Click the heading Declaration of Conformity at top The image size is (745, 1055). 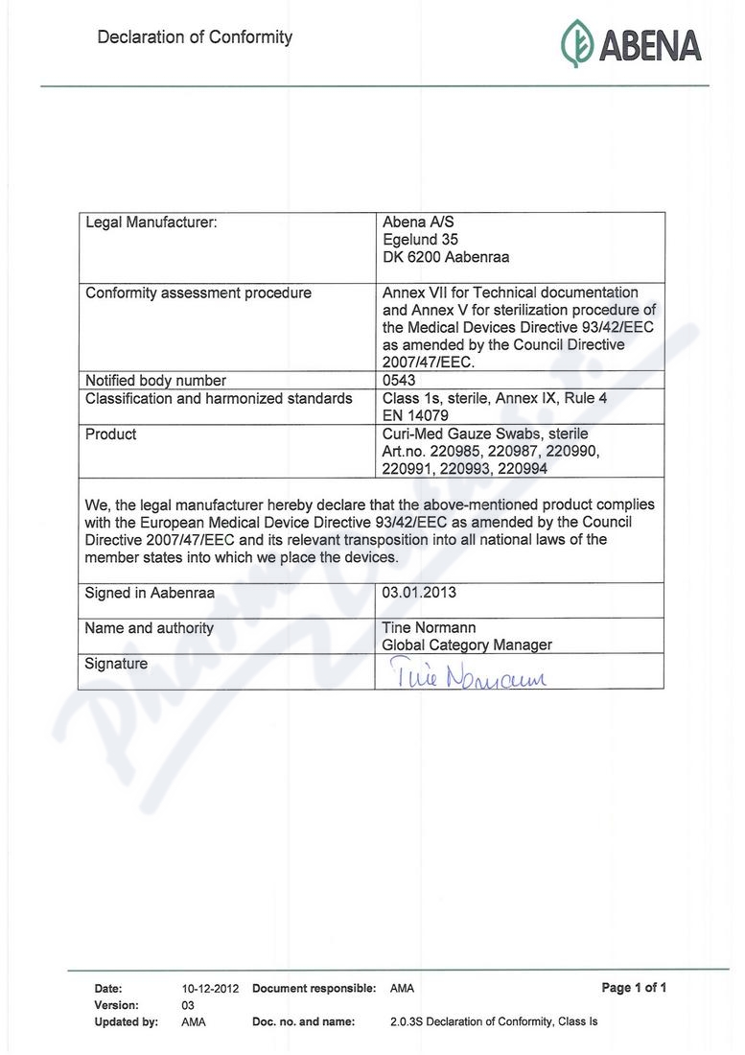pyautogui.click(x=195, y=37)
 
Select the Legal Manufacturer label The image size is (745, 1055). pyautogui.click(x=151, y=223)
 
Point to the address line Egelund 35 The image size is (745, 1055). pyautogui.click(x=420, y=240)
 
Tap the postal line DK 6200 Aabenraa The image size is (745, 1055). pyautogui.click(x=445, y=257)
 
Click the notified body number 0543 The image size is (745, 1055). pyautogui.click(x=399, y=380)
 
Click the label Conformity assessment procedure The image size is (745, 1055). pyautogui.click(x=198, y=293)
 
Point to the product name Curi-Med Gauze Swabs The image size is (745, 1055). pyautogui.click(x=485, y=434)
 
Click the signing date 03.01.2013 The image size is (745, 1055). pyautogui.click(x=419, y=593)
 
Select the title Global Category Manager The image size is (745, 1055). pyautogui.click(x=467, y=645)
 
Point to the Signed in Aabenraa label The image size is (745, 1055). pyautogui.click(x=150, y=593)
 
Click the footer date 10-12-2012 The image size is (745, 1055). pyautogui.click(x=210, y=988)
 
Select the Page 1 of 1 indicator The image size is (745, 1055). pyautogui.click(x=634, y=988)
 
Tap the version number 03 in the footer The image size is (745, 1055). pyautogui.click(x=188, y=1005)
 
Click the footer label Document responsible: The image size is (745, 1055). pyautogui.click(x=314, y=988)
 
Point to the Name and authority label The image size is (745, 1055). pyautogui.click(x=150, y=628)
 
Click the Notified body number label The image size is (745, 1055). pyautogui.click(x=155, y=381)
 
